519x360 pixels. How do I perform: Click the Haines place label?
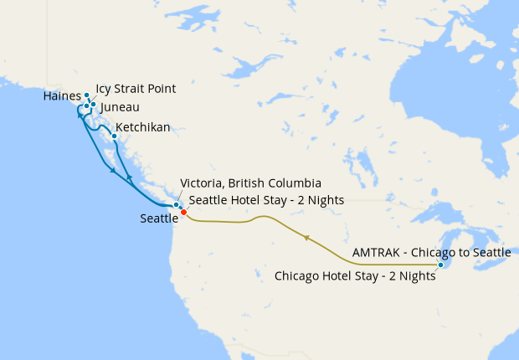61,97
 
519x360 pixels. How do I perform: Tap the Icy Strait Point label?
136,88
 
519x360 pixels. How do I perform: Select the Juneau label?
119,108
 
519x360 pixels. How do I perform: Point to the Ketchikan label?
143,127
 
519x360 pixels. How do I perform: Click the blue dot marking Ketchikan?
114,136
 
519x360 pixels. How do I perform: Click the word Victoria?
202,183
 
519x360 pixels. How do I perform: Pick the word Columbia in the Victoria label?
294,183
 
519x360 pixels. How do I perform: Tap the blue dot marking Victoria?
176,205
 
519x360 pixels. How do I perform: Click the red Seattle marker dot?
183,212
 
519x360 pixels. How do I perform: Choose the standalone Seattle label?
159,219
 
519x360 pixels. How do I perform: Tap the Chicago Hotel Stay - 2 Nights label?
355,275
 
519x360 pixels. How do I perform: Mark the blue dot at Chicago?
441,265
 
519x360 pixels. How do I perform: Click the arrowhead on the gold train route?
307,239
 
